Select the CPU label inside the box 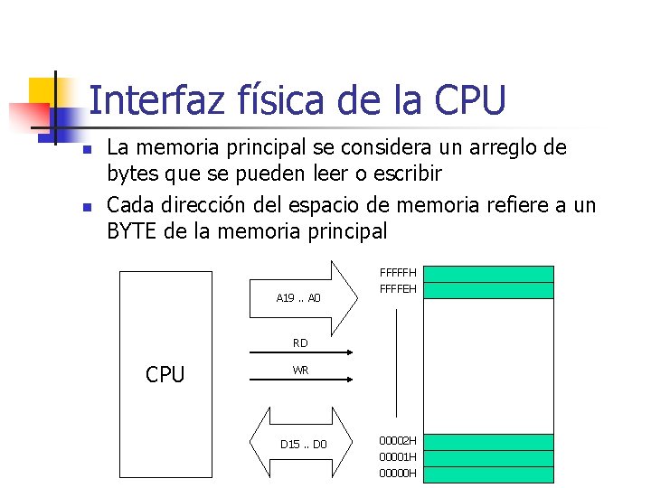(165, 374)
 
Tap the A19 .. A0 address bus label (298, 297)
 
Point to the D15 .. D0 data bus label (304, 445)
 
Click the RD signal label (300, 343)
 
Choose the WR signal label (300, 371)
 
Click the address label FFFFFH (398, 273)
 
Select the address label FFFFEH (398, 289)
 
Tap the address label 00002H (398, 441)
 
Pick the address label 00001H (398, 457)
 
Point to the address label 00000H (398, 474)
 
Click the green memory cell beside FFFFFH (488, 274)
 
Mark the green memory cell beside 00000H (488, 474)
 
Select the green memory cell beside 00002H (488, 442)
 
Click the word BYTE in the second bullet (133, 231)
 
